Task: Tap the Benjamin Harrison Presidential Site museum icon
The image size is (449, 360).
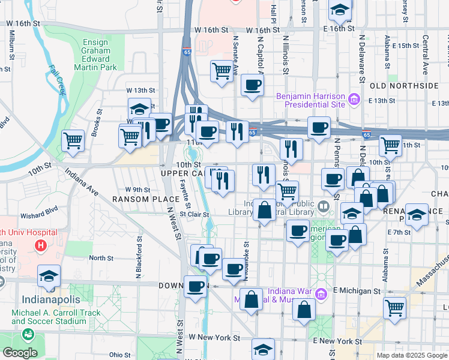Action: tap(354, 98)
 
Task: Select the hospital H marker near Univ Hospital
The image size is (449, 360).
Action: tap(40, 245)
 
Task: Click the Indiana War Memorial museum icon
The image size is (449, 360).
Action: tap(321, 294)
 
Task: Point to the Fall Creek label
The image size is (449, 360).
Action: tap(57, 80)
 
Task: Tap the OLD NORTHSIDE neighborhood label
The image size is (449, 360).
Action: tap(405, 86)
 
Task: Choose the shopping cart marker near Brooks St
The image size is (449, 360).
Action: tap(73, 142)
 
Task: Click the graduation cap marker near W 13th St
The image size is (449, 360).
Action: tap(139, 109)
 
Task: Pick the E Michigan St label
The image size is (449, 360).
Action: tap(357, 290)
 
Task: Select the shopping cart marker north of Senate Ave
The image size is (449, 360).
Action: tap(221, 71)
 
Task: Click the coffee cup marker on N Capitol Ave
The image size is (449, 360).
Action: tap(253, 85)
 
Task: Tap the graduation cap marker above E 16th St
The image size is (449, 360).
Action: tap(340, 10)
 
